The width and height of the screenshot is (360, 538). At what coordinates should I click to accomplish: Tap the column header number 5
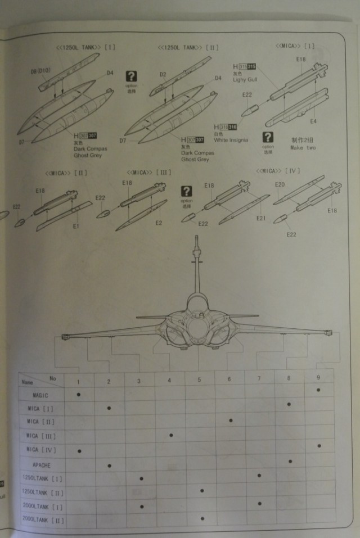click(199, 380)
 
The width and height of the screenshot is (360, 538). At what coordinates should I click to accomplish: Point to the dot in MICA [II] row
click(231, 420)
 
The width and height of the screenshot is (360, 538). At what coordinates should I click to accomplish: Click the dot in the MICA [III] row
click(171, 435)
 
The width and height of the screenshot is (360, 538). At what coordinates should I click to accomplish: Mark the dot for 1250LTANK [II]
click(201, 491)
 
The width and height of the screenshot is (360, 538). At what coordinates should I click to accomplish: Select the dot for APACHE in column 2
click(109, 465)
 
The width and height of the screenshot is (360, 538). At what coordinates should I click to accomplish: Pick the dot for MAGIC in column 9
click(319, 390)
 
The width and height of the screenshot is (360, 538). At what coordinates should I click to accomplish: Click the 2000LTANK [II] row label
click(42, 521)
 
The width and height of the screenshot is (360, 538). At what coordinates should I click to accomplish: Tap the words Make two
click(303, 148)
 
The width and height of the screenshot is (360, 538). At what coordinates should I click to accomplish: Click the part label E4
click(313, 121)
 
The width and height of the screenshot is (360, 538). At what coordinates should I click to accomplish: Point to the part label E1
click(76, 226)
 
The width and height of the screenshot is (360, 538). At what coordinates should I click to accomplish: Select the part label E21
click(260, 218)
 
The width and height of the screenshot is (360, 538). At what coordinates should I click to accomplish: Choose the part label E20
click(280, 184)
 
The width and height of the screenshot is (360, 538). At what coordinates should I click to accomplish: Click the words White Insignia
click(233, 141)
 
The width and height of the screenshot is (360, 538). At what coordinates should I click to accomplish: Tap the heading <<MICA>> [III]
click(149, 171)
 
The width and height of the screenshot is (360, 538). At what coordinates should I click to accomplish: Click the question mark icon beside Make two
click(268, 137)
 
